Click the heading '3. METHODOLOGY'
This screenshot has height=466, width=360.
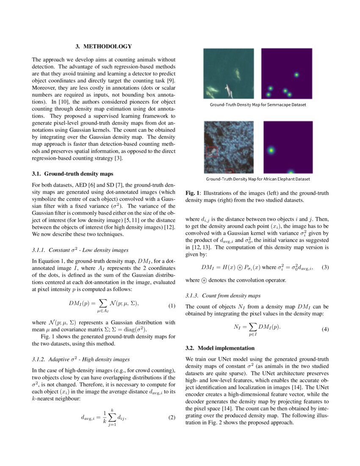tap(104, 46)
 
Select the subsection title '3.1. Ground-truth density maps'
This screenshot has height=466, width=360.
tap(72, 174)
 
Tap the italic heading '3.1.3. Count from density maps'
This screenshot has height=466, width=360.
tap(223, 295)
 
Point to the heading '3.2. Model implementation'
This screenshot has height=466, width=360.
tap(220, 348)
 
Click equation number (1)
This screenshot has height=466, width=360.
tap(172, 305)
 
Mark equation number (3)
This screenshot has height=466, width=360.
tap(325, 267)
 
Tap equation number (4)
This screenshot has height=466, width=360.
tap(325, 328)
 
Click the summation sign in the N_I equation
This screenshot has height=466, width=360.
tap(252, 327)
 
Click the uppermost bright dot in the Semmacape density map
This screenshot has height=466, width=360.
tap(296, 75)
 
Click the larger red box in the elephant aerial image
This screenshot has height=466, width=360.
tap(211, 151)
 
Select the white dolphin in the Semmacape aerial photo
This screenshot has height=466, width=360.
tap(229, 90)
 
